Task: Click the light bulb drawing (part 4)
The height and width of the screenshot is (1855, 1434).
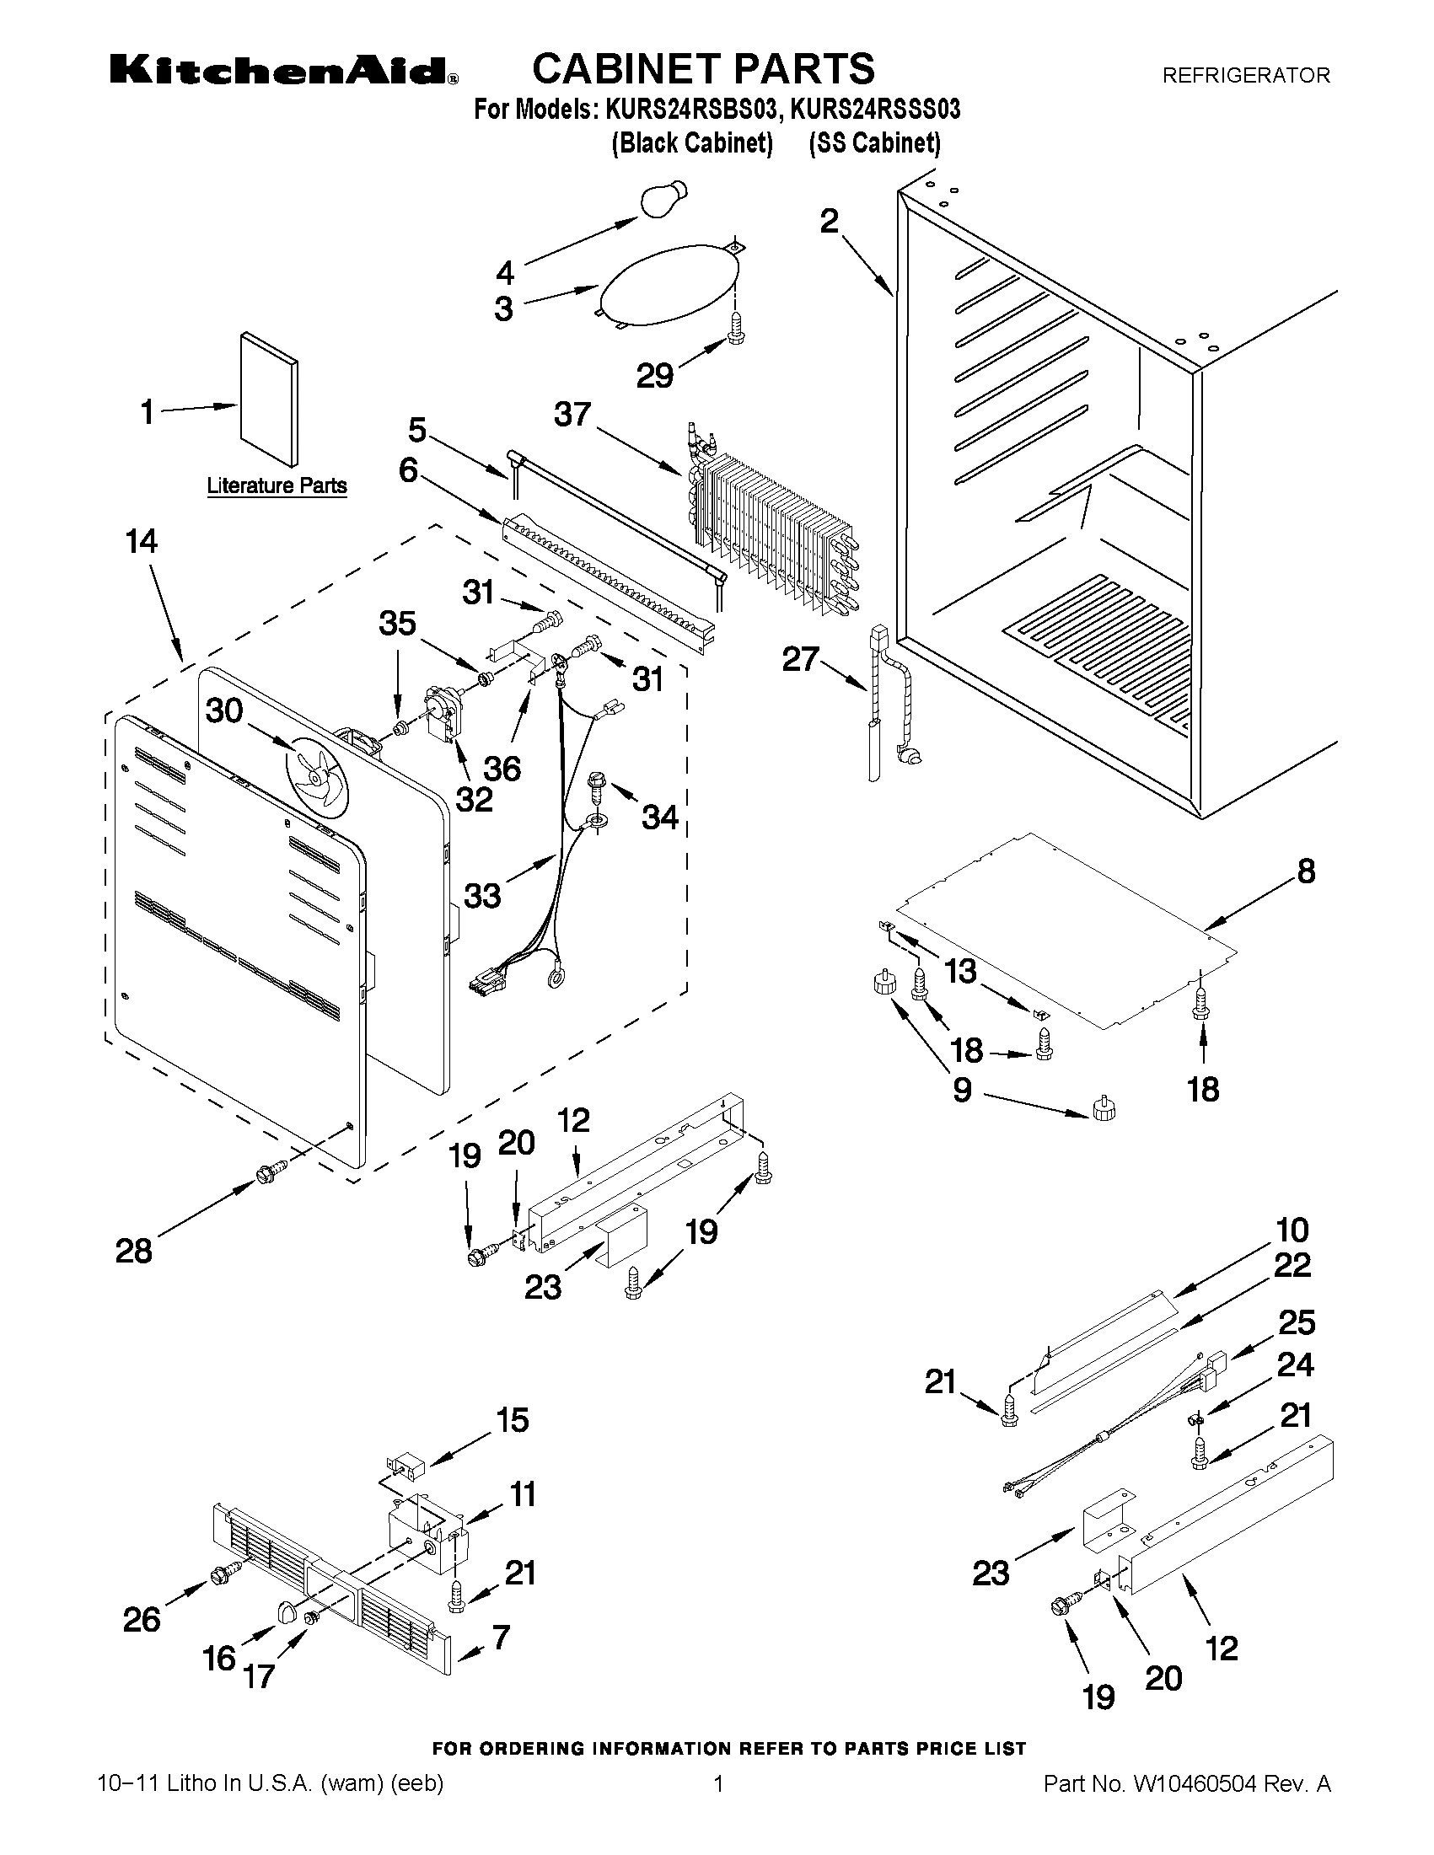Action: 663,199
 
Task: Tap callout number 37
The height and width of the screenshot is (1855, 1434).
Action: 572,415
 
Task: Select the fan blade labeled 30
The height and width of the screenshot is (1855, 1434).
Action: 316,775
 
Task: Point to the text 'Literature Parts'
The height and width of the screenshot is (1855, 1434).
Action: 277,485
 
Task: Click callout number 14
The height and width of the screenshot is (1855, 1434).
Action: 141,541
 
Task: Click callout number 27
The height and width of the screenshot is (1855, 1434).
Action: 800,659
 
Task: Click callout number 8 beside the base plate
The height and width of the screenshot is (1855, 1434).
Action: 1306,871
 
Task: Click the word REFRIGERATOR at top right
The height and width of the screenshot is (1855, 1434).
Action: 1244,76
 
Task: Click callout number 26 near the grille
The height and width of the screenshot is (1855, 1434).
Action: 141,1619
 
